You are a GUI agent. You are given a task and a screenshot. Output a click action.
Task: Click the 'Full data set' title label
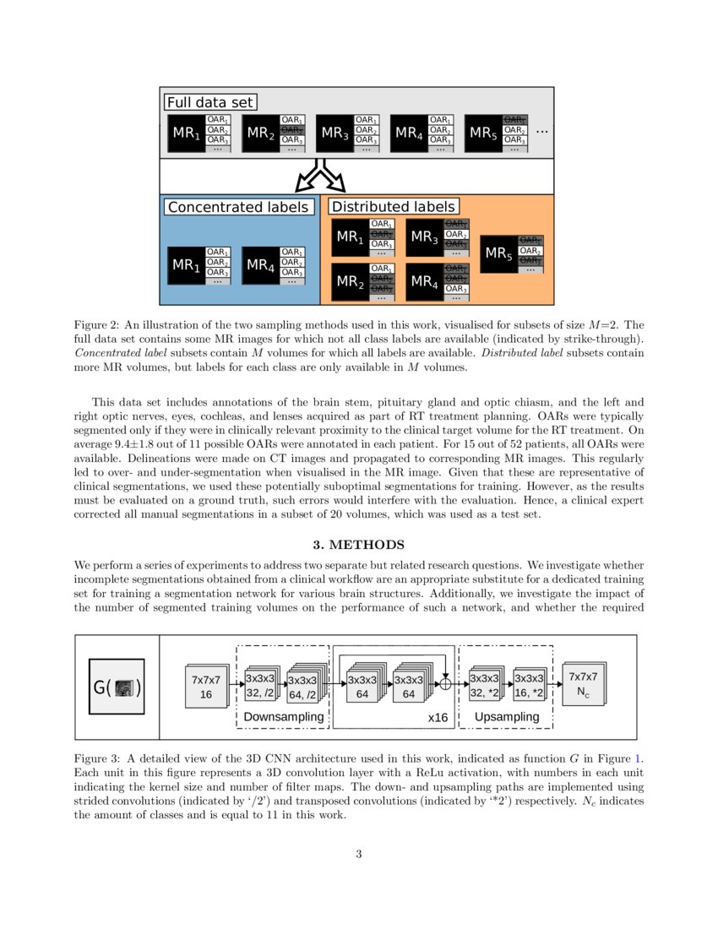(x=210, y=102)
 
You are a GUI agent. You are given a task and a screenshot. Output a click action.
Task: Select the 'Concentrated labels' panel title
(x=238, y=207)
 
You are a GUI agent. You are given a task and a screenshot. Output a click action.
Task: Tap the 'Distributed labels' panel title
(x=394, y=206)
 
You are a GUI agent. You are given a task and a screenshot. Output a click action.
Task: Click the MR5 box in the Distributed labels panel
(x=498, y=253)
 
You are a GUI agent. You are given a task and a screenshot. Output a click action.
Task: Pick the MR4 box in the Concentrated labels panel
(x=260, y=265)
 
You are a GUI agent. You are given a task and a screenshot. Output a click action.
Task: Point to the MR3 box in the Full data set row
(x=335, y=133)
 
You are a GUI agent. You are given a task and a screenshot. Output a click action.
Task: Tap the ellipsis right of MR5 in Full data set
(x=541, y=132)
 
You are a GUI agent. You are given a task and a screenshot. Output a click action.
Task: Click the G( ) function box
(x=117, y=687)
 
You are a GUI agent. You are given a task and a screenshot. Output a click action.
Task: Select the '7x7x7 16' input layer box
(x=205, y=687)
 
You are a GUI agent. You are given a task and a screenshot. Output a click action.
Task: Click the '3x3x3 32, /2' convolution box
(x=259, y=686)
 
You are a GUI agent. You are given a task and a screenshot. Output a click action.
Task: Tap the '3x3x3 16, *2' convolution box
(x=529, y=686)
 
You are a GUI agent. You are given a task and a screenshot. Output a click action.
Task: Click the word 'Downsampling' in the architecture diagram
(x=283, y=717)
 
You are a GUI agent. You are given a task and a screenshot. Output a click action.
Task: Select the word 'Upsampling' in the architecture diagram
(x=507, y=717)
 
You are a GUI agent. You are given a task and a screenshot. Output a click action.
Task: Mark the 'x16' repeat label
(x=438, y=717)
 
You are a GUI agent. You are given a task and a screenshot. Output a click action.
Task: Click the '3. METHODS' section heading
(x=359, y=544)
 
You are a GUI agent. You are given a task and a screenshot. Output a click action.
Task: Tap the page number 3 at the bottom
(x=359, y=854)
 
